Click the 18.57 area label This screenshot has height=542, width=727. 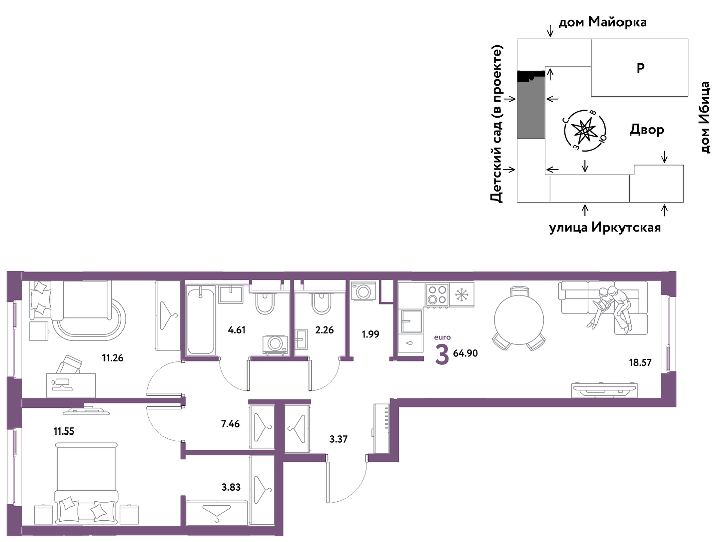(x=640, y=362)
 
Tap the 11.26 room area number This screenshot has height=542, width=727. (x=113, y=358)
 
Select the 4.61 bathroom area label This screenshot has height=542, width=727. (x=237, y=330)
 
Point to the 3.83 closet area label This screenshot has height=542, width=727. (x=231, y=487)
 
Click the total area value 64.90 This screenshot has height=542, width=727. (x=465, y=353)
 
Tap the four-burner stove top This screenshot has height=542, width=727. (x=437, y=295)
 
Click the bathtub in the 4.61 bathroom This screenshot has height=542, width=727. (x=200, y=321)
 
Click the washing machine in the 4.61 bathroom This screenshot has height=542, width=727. (x=275, y=344)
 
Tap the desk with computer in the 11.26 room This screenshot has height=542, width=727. (x=71, y=385)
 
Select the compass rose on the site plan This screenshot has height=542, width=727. (x=585, y=131)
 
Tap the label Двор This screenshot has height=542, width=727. (x=646, y=129)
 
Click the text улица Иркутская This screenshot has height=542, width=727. (x=605, y=228)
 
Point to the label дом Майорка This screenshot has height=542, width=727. (x=602, y=22)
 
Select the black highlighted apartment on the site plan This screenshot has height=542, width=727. (x=531, y=76)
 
